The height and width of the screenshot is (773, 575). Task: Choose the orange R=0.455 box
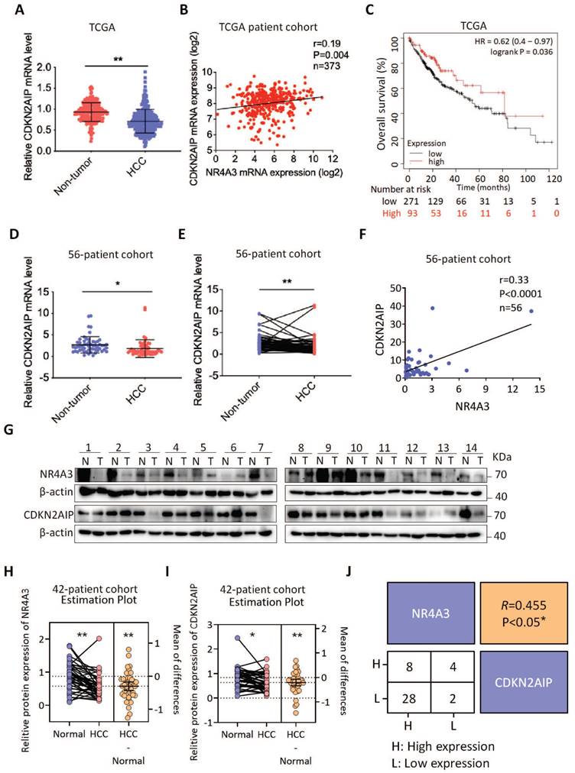click(527, 612)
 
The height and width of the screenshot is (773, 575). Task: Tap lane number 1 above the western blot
click(88, 444)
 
